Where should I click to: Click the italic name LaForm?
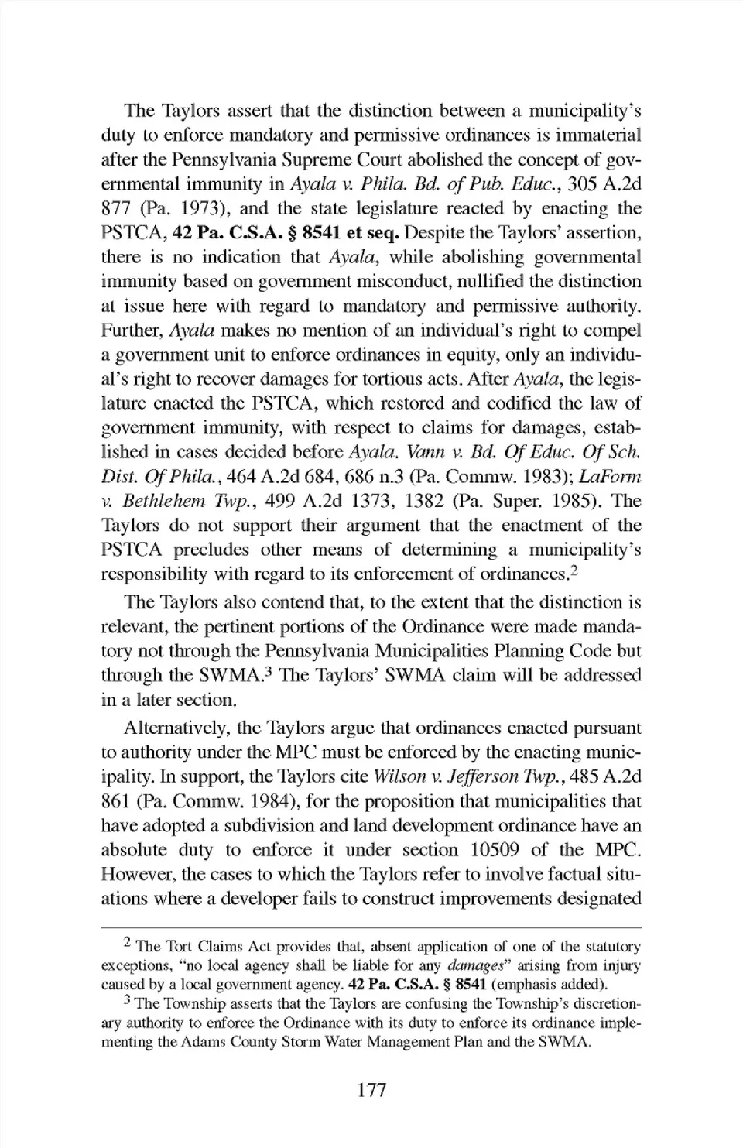611,477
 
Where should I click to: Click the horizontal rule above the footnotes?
371,927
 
